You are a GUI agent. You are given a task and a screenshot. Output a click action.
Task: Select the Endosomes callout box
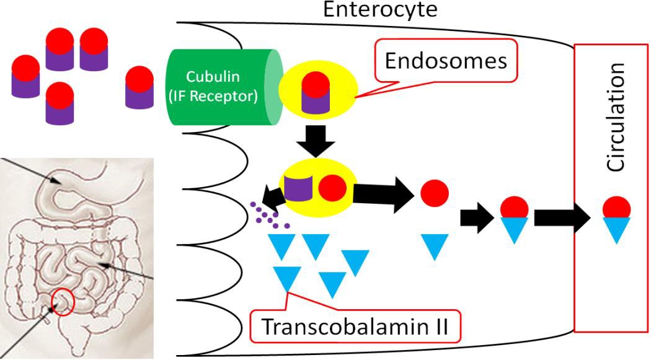446,61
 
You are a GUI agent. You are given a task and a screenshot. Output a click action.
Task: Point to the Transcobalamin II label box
356,327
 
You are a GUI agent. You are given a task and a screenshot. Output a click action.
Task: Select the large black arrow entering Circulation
561,217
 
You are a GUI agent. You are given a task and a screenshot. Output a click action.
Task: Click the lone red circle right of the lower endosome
435,193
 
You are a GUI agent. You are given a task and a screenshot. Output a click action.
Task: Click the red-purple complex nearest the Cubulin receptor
139,88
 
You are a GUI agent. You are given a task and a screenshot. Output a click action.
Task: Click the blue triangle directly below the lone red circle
434,246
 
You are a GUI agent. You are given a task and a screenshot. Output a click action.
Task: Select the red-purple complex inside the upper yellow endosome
315,91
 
